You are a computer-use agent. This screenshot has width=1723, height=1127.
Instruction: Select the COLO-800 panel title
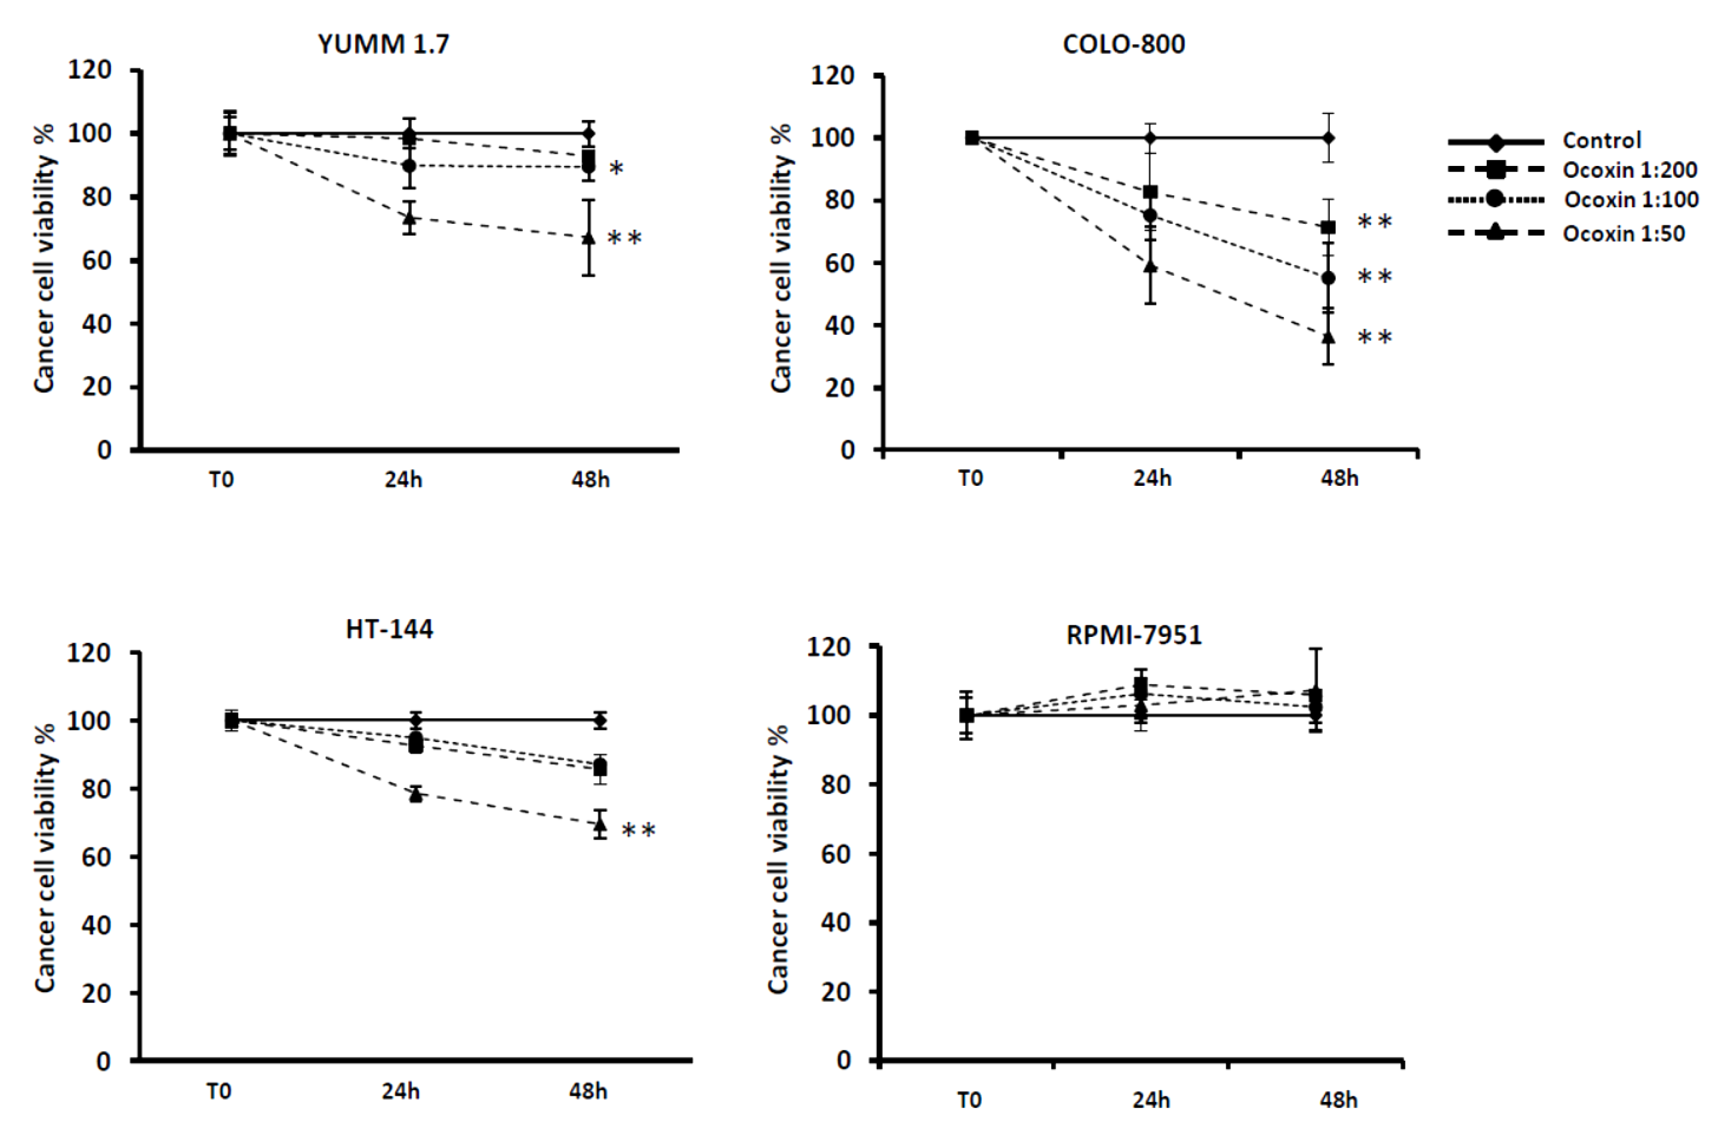(x=1124, y=45)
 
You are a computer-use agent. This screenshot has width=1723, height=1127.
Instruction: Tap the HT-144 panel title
(x=389, y=629)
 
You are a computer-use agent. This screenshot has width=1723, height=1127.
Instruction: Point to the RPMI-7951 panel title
(x=1134, y=635)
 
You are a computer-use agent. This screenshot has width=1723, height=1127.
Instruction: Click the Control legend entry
(x=1601, y=141)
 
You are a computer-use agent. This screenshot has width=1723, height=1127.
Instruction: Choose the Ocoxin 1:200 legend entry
(x=1629, y=170)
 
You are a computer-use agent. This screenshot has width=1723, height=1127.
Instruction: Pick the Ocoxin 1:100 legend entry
(x=1631, y=200)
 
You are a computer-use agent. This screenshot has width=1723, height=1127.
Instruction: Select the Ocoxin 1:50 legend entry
(x=1624, y=234)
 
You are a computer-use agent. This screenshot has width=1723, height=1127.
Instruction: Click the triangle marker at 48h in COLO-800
(x=1328, y=337)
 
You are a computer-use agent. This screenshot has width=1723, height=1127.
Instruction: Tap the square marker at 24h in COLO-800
(x=1149, y=192)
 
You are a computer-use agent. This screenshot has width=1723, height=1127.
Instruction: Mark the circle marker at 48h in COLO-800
(x=1328, y=278)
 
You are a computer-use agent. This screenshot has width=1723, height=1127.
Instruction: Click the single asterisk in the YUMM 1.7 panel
(x=616, y=169)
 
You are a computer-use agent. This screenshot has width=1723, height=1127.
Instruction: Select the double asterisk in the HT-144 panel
(x=639, y=830)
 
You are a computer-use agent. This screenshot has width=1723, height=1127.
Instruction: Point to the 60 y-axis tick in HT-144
(x=95, y=857)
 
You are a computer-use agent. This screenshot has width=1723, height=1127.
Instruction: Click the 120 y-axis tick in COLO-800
(x=832, y=75)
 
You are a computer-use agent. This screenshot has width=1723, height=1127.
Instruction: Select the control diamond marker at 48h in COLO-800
(x=1328, y=138)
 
